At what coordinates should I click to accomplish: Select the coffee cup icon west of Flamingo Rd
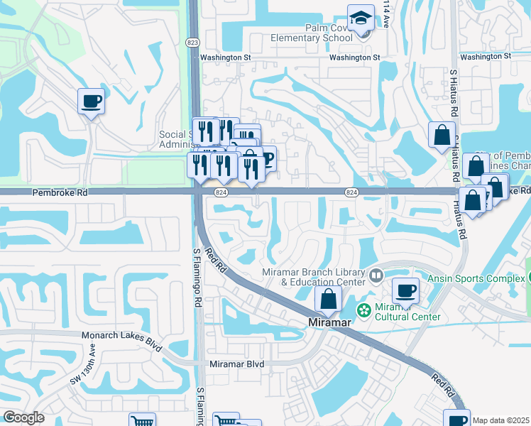[x=92, y=102]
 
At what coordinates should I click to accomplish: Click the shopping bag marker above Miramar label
[x=328, y=298]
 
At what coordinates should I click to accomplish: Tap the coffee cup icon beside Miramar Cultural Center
[x=405, y=290]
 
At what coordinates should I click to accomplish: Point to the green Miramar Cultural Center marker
[x=364, y=310]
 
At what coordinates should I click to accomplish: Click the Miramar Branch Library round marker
[x=376, y=274]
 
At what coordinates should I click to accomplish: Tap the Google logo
[x=23, y=417]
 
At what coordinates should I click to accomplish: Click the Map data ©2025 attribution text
[x=500, y=420]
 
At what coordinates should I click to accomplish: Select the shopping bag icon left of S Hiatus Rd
[x=442, y=134]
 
